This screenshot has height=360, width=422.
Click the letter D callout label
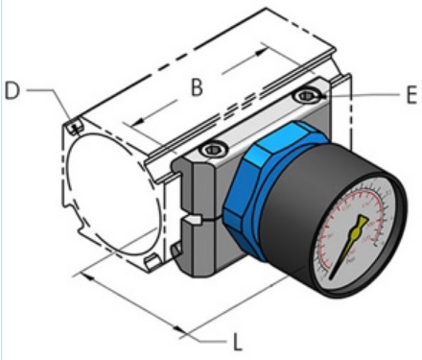(x=12, y=91)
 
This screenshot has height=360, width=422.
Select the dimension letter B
(x=196, y=87)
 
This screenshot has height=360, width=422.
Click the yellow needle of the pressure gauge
(x=347, y=245)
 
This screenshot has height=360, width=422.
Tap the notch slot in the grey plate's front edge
(x=192, y=222)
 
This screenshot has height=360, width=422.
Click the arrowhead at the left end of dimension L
(x=88, y=276)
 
